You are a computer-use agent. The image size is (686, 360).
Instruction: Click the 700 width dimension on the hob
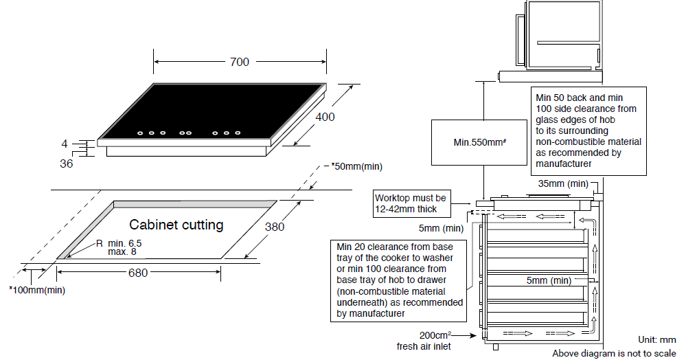[x=239, y=62]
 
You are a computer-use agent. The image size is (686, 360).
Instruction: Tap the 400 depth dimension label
[x=325, y=117]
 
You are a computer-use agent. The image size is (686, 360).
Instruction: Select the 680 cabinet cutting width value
[x=138, y=273]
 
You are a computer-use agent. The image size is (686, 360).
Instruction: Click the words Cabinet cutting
[x=176, y=225]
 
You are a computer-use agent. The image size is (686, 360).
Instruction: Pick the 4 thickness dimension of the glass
[x=65, y=144]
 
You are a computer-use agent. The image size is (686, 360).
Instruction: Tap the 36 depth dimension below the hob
[x=66, y=164]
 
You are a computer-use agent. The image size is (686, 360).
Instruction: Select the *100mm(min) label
[x=38, y=290]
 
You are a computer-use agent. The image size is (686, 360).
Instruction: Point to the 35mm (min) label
[x=563, y=183]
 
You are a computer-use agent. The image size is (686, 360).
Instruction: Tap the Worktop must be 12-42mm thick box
[x=411, y=203]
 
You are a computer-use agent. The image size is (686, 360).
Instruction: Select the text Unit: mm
[x=657, y=340]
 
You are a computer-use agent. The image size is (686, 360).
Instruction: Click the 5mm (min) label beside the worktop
[x=439, y=227]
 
